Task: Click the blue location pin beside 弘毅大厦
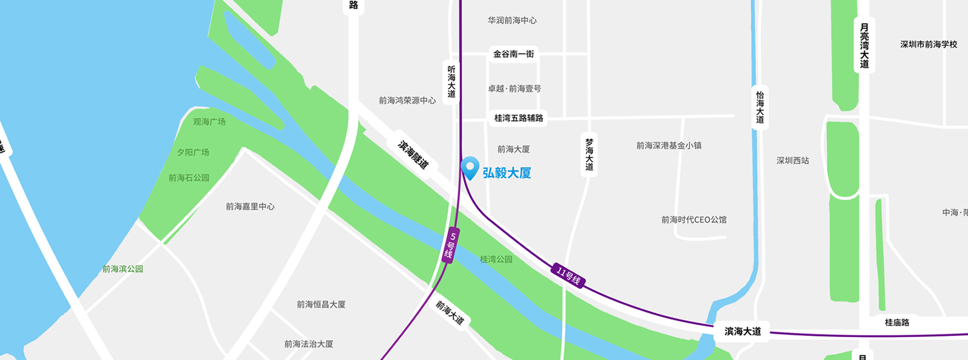tap(470, 167)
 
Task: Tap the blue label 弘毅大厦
tap(507, 173)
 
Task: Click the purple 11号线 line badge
tap(568, 275)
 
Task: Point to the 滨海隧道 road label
tap(413, 155)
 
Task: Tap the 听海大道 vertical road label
tap(451, 82)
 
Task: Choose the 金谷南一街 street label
tap(513, 54)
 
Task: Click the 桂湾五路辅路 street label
tap(518, 118)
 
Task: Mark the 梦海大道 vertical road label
tap(589, 154)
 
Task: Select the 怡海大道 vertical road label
tap(759, 107)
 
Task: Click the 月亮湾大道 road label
tap(864, 46)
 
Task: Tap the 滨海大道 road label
tap(742, 331)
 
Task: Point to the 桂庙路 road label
tap(897, 323)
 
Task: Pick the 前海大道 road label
tap(449, 312)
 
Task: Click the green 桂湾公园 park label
tap(496, 259)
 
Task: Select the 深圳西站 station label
tap(792, 161)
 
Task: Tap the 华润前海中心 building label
tap(512, 21)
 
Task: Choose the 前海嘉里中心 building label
tap(250, 206)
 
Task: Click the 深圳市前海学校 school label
tap(929, 45)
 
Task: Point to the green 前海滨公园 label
tap(122, 269)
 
